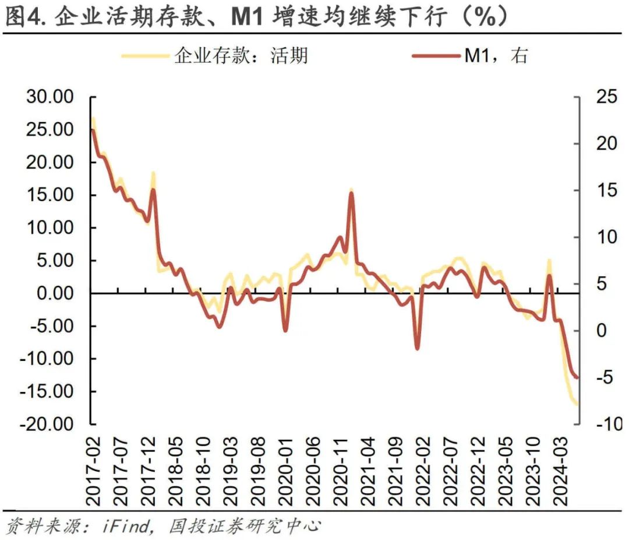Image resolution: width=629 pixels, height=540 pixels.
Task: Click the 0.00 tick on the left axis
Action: point(56,293)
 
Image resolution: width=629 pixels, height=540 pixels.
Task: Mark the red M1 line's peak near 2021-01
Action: point(351,193)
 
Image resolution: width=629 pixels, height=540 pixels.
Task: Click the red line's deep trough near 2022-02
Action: point(417,349)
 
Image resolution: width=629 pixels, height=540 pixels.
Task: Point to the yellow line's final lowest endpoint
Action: point(577,404)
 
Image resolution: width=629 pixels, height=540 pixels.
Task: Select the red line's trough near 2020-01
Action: point(285,331)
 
